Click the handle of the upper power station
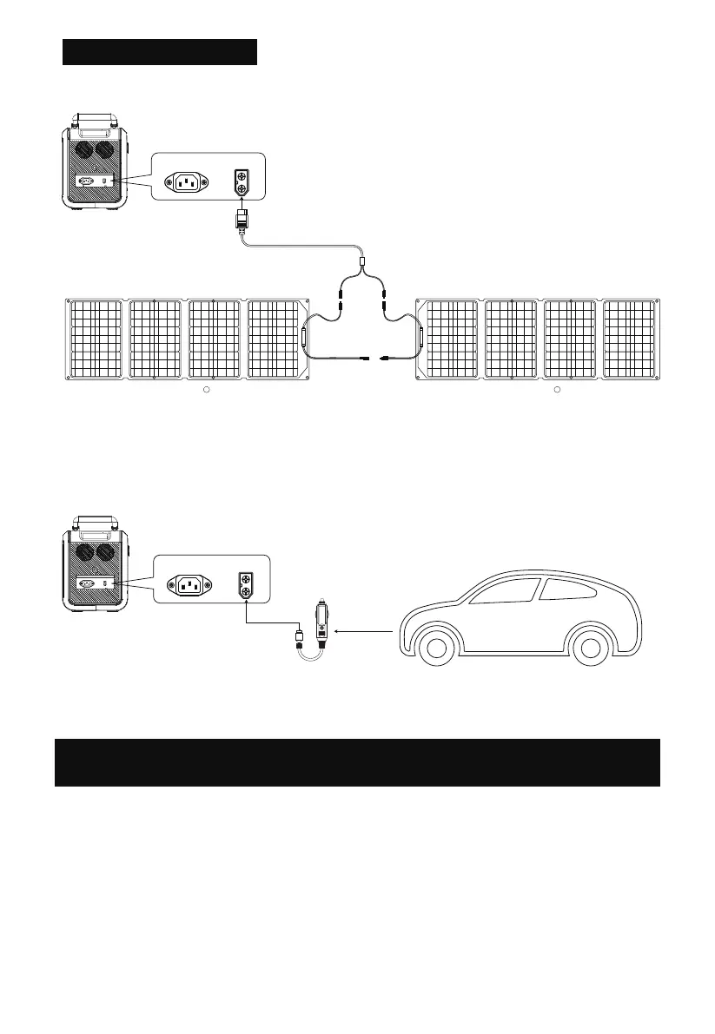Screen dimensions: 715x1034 pos(96,120)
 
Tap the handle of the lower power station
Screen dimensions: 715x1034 pos(96,522)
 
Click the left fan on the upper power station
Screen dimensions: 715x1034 pos(85,151)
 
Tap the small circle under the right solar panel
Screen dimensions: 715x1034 pos(558,391)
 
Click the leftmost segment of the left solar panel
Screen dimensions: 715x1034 pos(95,339)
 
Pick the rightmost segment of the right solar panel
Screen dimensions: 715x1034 pos(629,339)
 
